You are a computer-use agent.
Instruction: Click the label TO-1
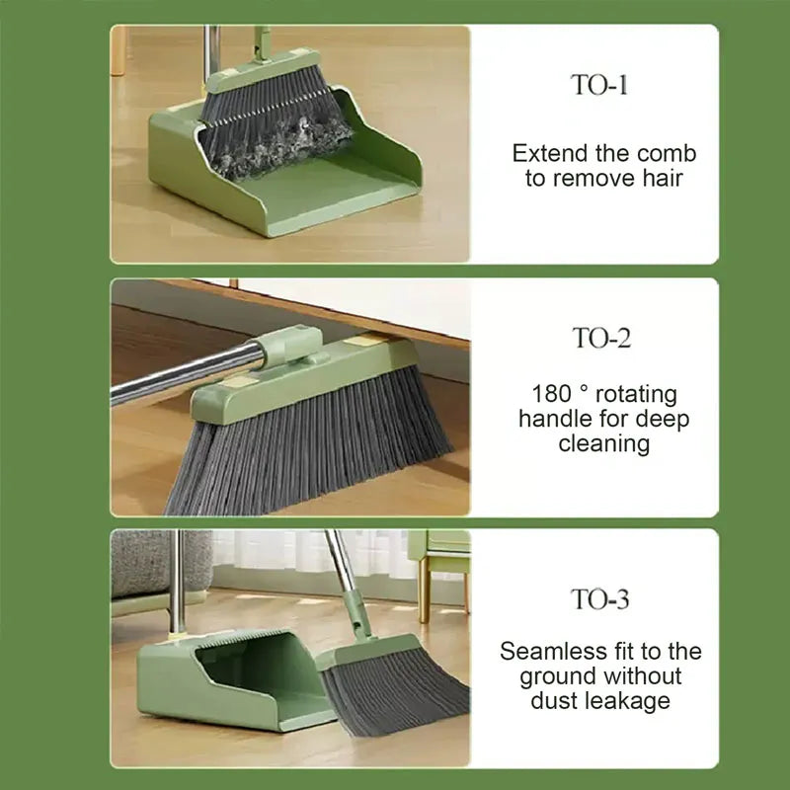pos(600,85)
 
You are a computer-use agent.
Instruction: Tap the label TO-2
pos(600,338)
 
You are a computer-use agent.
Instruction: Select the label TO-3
pos(600,598)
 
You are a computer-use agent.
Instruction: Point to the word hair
pos(660,179)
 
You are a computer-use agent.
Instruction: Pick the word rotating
pos(636,395)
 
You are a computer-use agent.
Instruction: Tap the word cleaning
pos(604,443)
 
